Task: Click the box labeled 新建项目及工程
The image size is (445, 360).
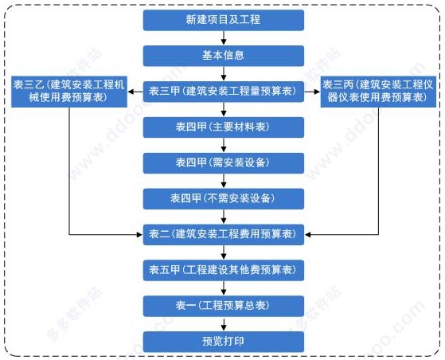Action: [224, 20]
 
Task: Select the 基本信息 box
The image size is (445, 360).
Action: [224, 56]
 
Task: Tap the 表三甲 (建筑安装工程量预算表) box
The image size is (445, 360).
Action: [224, 92]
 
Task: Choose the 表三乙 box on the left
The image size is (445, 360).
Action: [69, 92]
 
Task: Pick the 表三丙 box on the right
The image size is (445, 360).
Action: [378, 92]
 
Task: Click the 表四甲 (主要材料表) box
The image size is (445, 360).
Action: [224, 127]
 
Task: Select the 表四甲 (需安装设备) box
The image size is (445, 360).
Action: [224, 163]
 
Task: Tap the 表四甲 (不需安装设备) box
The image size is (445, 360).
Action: [224, 199]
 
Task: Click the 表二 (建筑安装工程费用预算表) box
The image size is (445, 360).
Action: [224, 235]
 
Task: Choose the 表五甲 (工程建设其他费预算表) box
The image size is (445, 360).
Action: [224, 271]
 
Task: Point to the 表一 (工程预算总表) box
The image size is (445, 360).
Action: [224, 307]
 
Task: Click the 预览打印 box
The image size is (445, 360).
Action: [224, 342]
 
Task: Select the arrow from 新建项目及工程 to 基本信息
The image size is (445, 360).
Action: [224, 38]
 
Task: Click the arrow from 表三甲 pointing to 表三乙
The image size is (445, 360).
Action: [135, 92]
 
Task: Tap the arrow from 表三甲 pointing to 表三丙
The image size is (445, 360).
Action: [312, 92]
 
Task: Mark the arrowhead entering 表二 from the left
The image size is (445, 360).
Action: [139, 235]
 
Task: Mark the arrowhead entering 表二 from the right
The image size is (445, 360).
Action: [307, 235]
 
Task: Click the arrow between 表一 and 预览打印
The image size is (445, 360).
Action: [224, 324]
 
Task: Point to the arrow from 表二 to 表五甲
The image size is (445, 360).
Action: [224, 252]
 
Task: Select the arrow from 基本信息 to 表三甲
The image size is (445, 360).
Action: [224, 74]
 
